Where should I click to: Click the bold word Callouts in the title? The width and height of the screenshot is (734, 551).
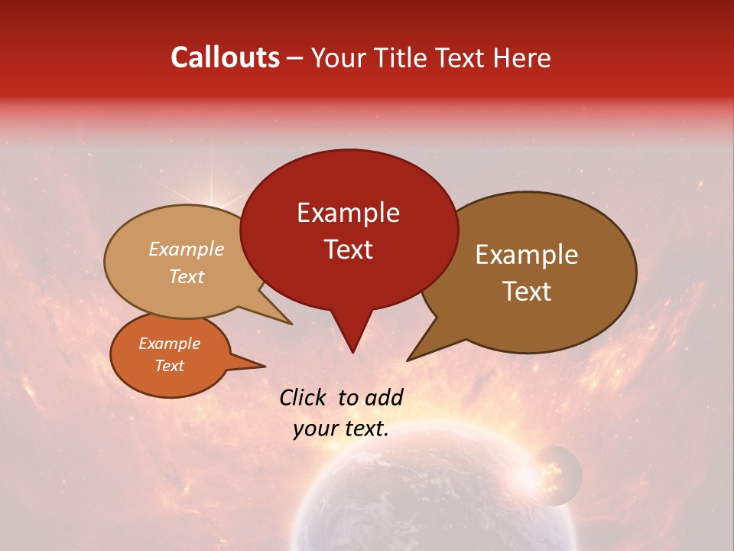(x=225, y=57)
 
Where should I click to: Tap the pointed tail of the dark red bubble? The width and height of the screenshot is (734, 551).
(x=352, y=348)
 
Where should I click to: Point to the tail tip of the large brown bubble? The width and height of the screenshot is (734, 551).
(x=409, y=359)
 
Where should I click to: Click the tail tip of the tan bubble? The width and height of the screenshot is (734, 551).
(x=291, y=323)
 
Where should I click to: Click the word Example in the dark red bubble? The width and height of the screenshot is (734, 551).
(x=348, y=213)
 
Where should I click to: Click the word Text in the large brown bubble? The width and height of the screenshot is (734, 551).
(x=528, y=292)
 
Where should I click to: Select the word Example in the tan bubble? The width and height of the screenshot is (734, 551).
(x=187, y=249)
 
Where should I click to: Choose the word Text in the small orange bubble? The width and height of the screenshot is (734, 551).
(x=170, y=366)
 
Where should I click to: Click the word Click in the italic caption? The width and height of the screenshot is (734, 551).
(x=305, y=397)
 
